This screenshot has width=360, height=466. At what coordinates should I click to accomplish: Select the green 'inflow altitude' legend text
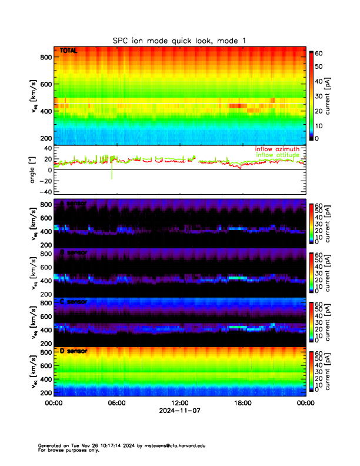pyautogui.click(x=277, y=155)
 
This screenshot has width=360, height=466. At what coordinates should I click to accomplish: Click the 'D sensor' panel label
pyautogui.click(x=74, y=351)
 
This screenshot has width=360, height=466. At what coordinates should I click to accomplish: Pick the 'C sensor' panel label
pyautogui.click(x=74, y=302)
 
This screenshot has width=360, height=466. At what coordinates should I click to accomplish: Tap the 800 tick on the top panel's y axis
pyautogui.click(x=45, y=56)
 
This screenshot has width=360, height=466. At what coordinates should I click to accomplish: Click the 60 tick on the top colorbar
pyautogui.click(x=319, y=53)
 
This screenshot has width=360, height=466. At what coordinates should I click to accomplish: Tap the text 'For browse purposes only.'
pyautogui.click(x=66, y=450)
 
